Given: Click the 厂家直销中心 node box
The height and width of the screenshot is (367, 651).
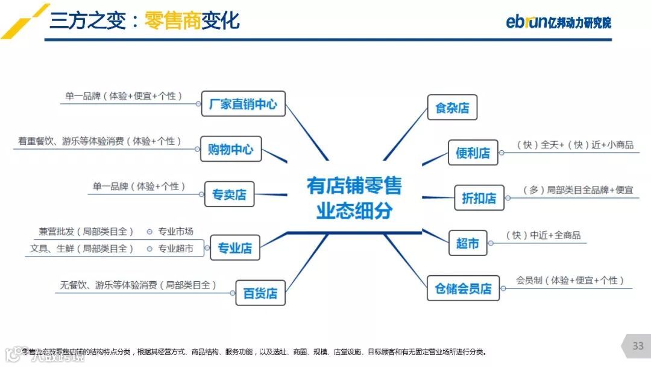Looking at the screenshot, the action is [243, 104].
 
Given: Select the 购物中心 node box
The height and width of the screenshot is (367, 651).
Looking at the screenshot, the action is [230, 149].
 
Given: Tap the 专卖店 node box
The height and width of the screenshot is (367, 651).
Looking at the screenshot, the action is [229, 194].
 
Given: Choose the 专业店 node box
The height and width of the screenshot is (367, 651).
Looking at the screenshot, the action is [234, 247].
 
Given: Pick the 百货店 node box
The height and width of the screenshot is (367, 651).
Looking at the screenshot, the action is [260, 293].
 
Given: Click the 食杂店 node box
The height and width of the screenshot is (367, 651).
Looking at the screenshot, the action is [452, 108].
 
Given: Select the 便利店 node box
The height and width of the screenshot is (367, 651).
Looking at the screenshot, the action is [473, 153].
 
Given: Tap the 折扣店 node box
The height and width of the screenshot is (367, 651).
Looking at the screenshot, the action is [479, 197].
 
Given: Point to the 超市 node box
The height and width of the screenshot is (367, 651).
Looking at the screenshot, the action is [467, 243].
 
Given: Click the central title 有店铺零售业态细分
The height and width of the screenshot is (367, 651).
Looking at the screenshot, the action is [354, 197].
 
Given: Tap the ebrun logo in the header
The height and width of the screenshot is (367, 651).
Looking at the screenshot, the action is [558, 22].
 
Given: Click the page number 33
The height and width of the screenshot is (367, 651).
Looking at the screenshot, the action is [638, 346].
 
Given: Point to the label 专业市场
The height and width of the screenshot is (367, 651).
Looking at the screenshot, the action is [175, 232].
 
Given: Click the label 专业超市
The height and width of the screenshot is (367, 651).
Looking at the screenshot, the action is [175, 248].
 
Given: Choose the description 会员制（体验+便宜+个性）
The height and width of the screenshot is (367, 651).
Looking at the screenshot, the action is [570, 281].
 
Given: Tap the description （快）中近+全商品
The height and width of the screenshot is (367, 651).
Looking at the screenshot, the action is [542, 235].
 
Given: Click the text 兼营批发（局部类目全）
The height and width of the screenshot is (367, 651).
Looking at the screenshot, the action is [86, 232].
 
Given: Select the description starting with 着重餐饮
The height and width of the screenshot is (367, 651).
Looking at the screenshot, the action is [99, 141].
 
